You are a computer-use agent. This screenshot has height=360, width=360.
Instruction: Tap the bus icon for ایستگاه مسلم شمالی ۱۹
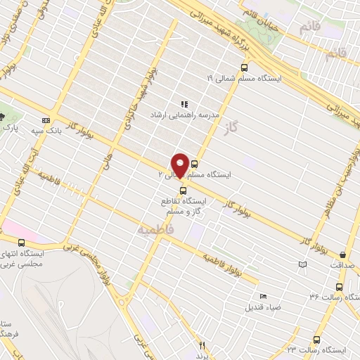coord(244,68)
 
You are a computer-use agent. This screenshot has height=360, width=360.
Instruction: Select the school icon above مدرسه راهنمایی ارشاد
coord(184,104)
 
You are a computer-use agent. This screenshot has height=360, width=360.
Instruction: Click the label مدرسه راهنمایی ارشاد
coord(184,113)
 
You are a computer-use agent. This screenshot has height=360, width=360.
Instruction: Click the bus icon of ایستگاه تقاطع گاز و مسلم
coord(183,189)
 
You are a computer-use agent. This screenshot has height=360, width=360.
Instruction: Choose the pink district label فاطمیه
coord(155,229)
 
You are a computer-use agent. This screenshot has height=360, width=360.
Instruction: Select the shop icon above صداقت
coord(342,255)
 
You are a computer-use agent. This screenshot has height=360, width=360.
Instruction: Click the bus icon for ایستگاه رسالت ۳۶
coord(340,287)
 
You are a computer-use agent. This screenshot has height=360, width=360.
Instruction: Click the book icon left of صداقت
coord(302,264)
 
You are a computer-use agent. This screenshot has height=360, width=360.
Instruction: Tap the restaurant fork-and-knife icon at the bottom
coord(202,345)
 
